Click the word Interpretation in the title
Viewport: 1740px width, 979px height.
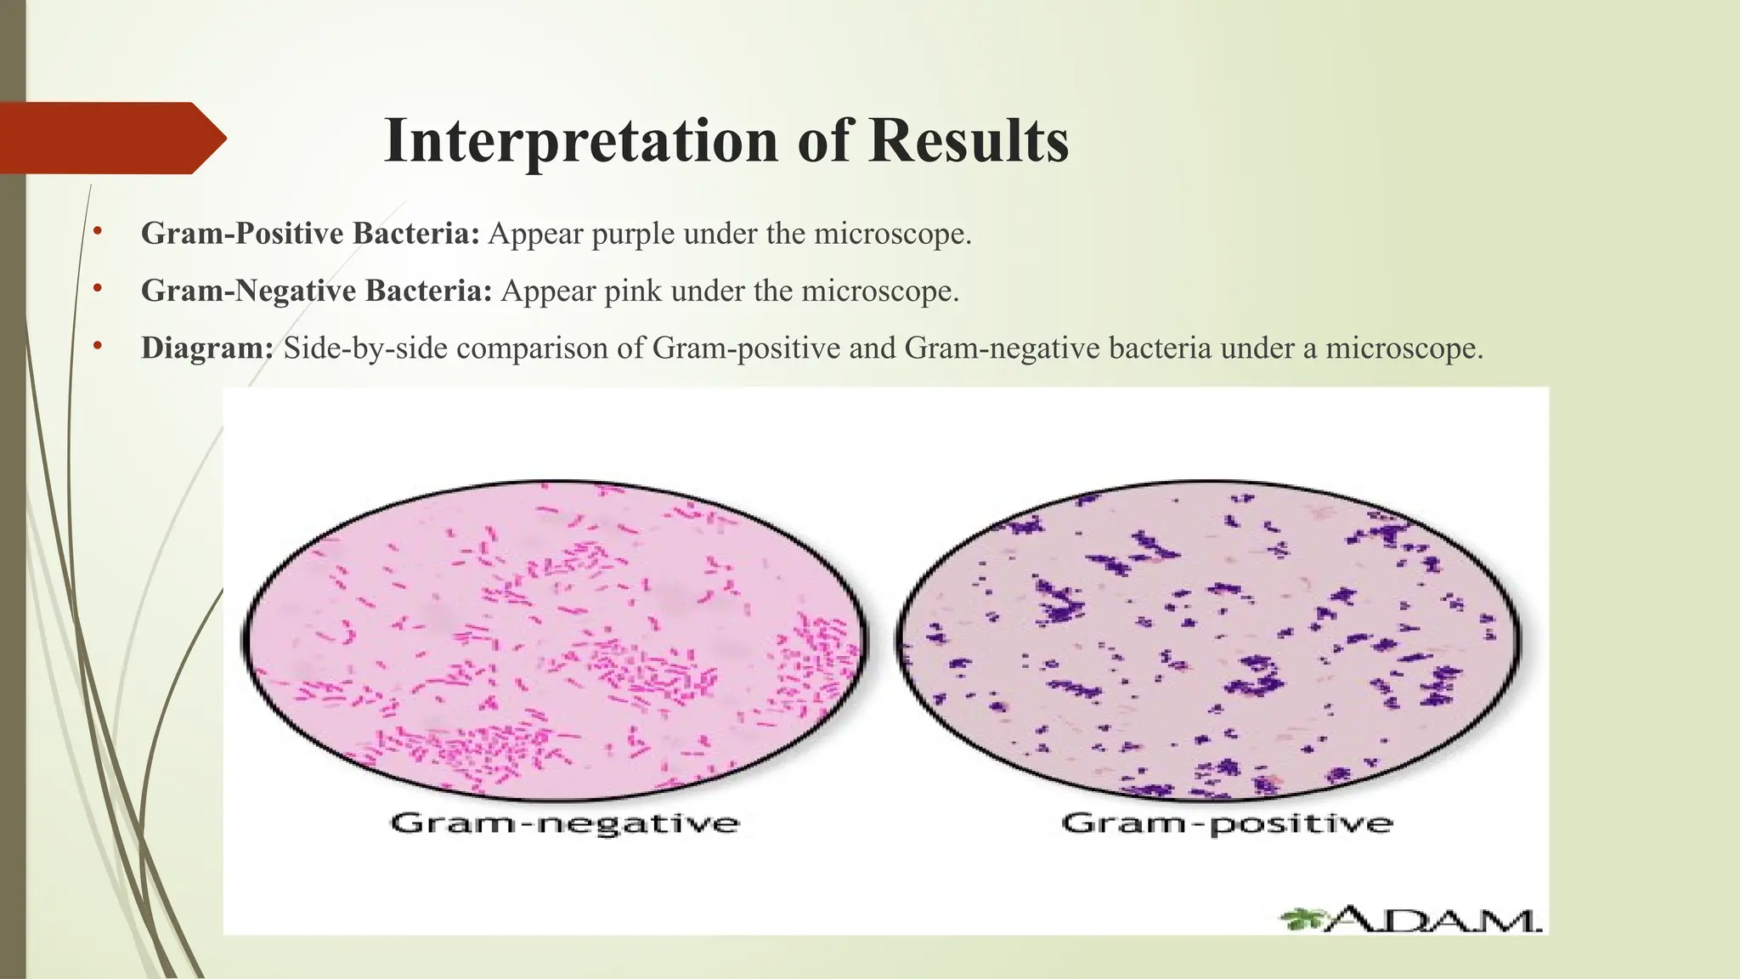coord(581,141)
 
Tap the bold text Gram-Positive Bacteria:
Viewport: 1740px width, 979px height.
coord(311,234)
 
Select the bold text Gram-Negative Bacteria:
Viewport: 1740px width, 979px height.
coord(316,291)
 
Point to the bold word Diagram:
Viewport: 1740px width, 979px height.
coord(207,348)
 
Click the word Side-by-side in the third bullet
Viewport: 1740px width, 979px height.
coord(369,348)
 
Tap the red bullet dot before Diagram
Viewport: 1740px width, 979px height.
coord(98,346)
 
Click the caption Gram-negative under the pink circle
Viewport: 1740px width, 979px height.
coord(564,823)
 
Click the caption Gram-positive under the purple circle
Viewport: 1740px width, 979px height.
coord(1227,823)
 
